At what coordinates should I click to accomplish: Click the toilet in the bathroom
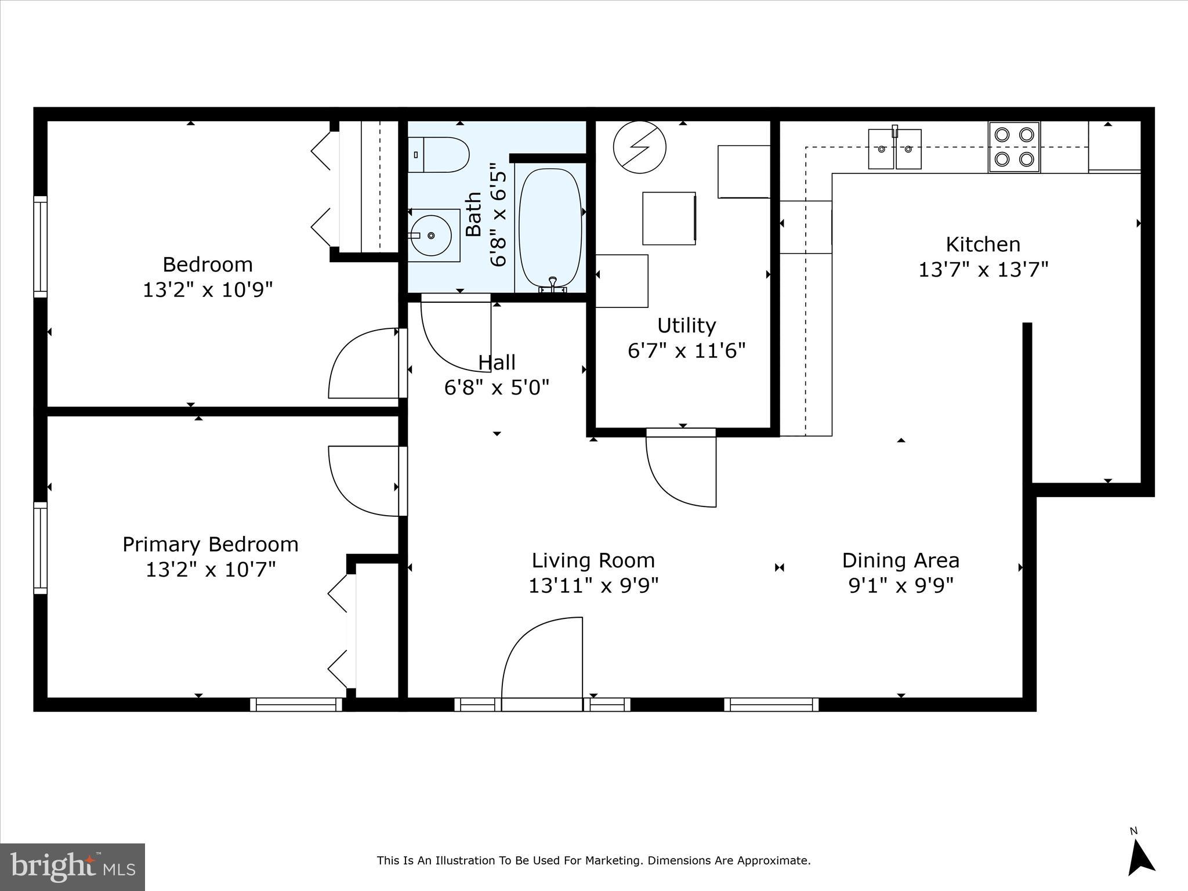(x=438, y=155)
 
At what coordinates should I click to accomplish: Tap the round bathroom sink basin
(x=431, y=236)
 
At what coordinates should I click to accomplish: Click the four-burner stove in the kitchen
(x=1014, y=147)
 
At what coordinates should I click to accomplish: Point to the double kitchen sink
(x=894, y=149)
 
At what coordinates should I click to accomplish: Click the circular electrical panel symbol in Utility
(x=639, y=147)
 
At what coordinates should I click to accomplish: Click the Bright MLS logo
(x=73, y=867)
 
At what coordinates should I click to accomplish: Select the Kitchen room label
(x=983, y=244)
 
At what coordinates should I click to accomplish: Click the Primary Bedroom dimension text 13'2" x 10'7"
(x=211, y=570)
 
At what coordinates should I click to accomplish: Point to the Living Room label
(x=593, y=560)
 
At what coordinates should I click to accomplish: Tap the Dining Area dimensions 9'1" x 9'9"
(x=901, y=586)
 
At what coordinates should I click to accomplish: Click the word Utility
(x=686, y=325)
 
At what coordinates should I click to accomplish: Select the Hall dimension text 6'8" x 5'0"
(x=497, y=387)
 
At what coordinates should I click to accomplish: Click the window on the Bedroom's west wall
(x=40, y=247)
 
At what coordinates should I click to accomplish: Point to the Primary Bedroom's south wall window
(x=296, y=704)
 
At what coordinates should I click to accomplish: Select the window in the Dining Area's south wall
(x=772, y=704)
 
